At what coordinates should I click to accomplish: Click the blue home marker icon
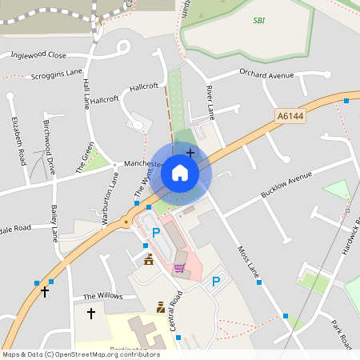(180, 172)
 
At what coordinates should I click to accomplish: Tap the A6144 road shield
(290, 116)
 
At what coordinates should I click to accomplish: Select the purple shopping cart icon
(180, 268)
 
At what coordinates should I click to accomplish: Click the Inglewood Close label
(38, 55)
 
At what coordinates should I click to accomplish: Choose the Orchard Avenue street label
(267, 76)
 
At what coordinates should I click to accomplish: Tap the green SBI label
(258, 20)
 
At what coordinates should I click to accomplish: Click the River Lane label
(210, 100)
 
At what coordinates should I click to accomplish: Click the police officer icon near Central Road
(161, 306)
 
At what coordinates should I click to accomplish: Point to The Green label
(85, 158)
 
